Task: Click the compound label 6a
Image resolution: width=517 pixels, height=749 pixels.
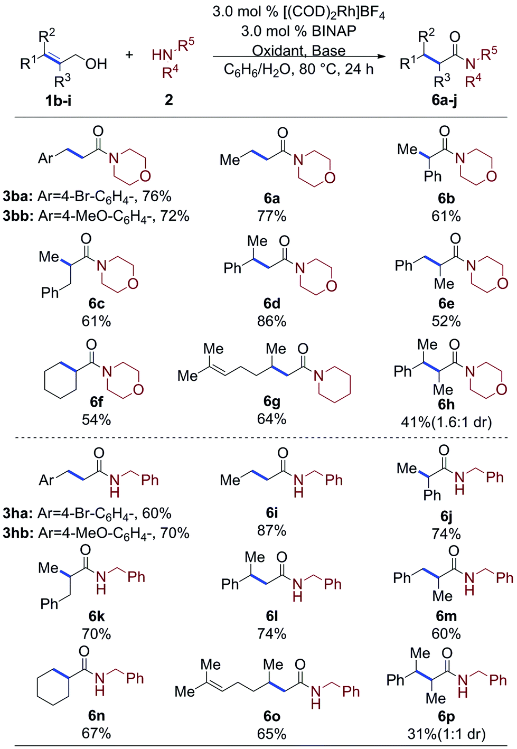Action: (x=271, y=198)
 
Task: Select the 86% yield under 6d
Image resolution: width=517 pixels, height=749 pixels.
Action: (x=271, y=321)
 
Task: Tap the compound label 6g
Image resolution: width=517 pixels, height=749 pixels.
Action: (x=271, y=401)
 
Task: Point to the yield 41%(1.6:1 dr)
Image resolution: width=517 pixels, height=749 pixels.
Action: (x=446, y=422)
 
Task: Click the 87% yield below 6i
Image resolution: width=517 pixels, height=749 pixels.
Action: (x=271, y=530)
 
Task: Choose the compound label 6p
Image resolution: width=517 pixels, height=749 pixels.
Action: (x=446, y=716)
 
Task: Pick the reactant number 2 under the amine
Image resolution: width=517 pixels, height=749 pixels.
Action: (x=169, y=99)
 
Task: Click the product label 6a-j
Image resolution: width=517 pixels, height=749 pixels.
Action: (x=444, y=100)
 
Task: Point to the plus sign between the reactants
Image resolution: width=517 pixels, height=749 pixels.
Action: (x=129, y=55)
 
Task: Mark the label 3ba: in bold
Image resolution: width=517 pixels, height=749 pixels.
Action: (x=18, y=196)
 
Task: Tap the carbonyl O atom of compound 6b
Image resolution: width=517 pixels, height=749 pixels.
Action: (x=445, y=131)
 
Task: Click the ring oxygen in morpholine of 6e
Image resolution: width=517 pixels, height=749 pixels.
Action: (x=502, y=283)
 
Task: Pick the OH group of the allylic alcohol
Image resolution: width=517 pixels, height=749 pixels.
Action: (x=96, y=64)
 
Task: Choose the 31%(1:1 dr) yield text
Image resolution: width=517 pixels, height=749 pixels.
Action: (x=446, y=734)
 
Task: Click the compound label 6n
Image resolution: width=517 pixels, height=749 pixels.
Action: (x=96, y=716)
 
